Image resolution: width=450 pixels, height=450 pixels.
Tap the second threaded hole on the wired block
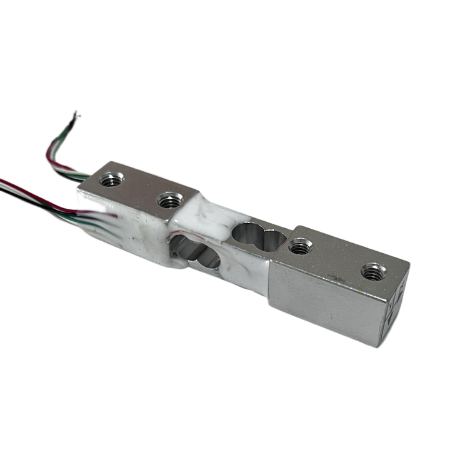click(167, 201)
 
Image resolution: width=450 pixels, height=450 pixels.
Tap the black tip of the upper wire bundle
click(77, 115)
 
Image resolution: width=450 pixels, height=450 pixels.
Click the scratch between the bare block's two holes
click(334, 259)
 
